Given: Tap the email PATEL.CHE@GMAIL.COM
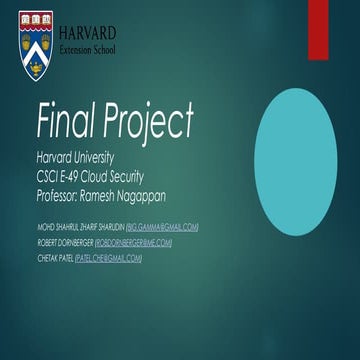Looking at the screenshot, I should tap(107, 258).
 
